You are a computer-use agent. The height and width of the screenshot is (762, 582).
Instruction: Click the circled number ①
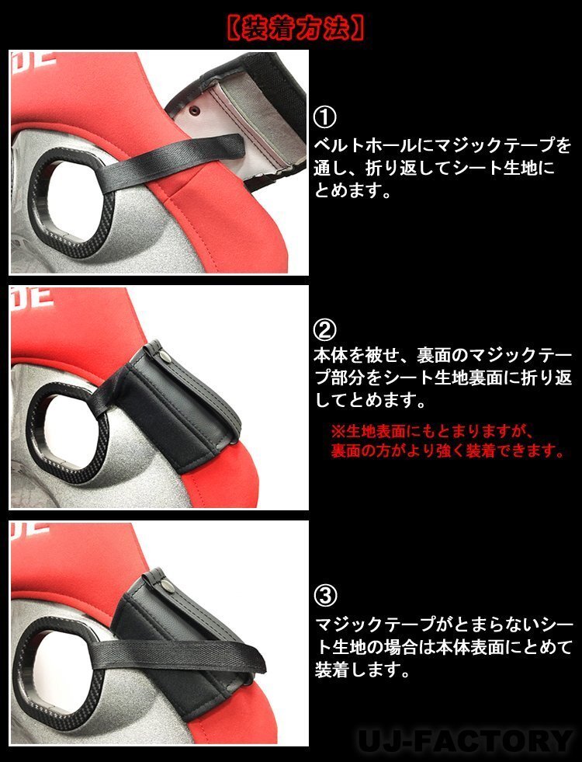click(325, 117)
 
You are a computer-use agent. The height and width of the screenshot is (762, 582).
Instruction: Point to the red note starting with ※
click(447, 441)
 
